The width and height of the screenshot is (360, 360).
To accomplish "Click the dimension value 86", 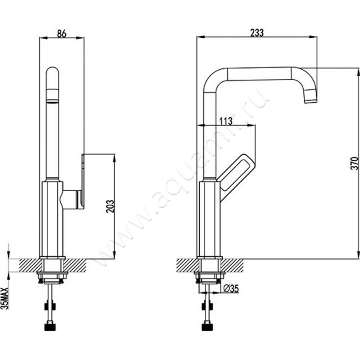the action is click(x=62, y=33).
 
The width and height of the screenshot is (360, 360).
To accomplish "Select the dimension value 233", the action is click(x=257, y=33).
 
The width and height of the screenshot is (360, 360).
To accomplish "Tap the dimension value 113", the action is click(x=226, y=121).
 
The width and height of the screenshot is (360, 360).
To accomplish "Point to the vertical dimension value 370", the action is click(x=355, y=163).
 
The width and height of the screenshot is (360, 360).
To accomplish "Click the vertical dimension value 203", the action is click(x=110, y=207).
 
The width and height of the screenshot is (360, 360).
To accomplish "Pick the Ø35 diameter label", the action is click(x=231, y=288).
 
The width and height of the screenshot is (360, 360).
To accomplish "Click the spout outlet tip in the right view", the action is click(x=311, y=100).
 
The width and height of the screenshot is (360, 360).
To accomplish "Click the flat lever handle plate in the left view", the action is click(x=83, y=181).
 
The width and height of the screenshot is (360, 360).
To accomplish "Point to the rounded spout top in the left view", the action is click(x=52, y=73).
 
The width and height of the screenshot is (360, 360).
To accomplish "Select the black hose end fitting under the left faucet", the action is click(x=50, y=327).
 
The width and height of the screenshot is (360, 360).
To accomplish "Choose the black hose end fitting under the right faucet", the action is click(x=207, y=327).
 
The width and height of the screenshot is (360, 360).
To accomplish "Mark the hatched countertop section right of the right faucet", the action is click(x=232, y=265).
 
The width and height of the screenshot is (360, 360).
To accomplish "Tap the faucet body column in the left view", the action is click(x=51, y=219).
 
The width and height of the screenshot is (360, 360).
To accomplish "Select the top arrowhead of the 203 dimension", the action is click(x=114, y=158).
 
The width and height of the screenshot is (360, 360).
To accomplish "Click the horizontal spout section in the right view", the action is click(x=260, y=74).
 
